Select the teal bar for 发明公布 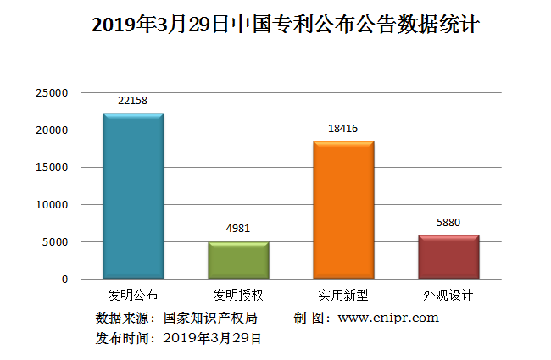point(133,196)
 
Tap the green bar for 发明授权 point(238,260)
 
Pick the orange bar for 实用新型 point(343,209)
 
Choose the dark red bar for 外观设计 point(448,257)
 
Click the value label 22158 point(133,101)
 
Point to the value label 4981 point(238,229)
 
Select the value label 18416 point(343,129)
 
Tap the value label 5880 point(448,223)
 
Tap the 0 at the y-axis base point(64,279)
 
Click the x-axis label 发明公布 point(133,296)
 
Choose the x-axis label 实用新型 point(343,296)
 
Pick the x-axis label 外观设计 point(448,296)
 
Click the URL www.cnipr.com point(388,318)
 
